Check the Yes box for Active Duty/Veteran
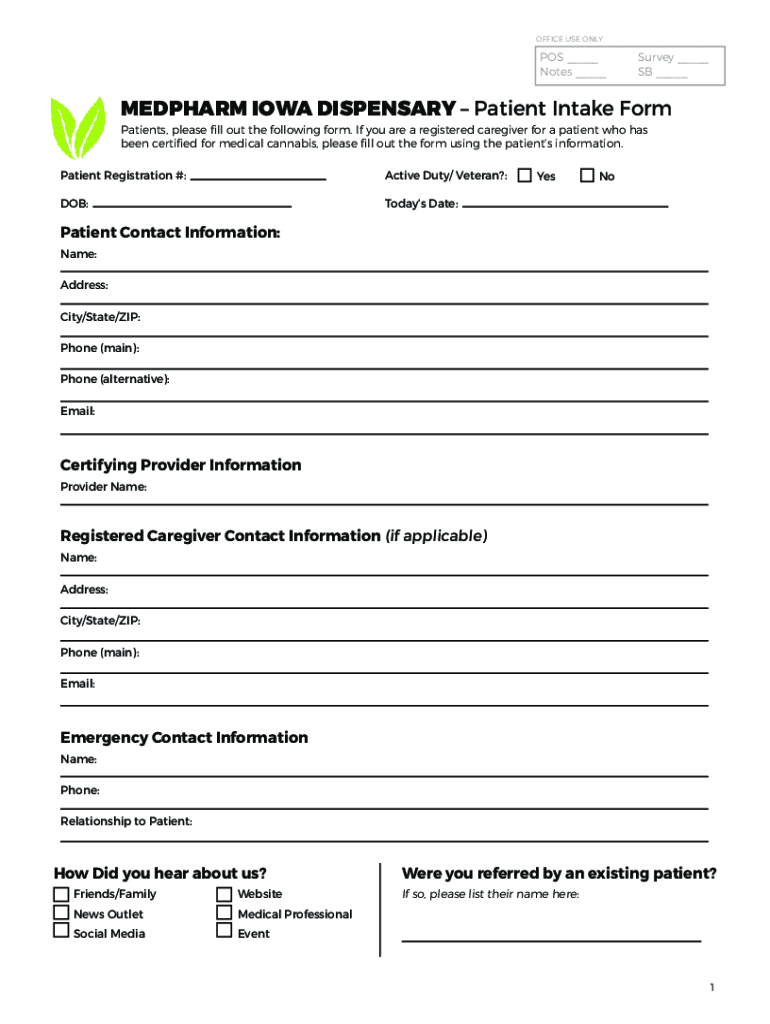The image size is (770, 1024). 524,176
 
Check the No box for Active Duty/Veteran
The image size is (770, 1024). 587,176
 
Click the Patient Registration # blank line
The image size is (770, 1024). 258,178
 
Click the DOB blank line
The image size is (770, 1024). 192,205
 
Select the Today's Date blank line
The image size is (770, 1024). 565,205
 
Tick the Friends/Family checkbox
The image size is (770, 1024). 62,893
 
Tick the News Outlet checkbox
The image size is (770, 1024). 62,913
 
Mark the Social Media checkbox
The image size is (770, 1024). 62,932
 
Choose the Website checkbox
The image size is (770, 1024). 224,893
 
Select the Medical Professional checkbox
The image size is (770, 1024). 224,913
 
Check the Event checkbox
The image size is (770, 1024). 224,932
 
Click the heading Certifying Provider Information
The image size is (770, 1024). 180,465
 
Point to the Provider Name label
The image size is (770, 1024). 103,487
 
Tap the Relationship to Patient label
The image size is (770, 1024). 126,821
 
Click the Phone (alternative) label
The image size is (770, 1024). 115,379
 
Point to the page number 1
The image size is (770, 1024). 712,988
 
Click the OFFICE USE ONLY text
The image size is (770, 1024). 569,39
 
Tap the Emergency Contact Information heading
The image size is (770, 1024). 184,738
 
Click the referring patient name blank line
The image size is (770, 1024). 551,939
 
